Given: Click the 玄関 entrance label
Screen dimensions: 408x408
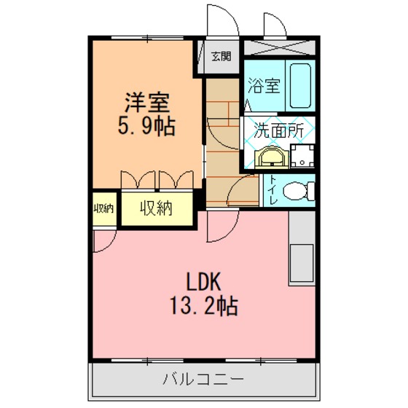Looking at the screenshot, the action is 221,57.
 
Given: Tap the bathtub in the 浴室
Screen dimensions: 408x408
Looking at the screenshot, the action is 300,85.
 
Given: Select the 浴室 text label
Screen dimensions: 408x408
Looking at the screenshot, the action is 264,85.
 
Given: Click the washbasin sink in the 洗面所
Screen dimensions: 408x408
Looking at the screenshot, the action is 272,157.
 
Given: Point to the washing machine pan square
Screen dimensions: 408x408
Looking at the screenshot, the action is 302,156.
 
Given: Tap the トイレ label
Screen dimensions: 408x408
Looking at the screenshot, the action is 273,190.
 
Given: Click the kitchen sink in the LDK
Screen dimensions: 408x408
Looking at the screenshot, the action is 302,263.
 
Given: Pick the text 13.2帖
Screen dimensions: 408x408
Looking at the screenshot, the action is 204,306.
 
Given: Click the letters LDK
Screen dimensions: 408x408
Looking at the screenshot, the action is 204,281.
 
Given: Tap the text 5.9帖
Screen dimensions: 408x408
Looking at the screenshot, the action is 146,126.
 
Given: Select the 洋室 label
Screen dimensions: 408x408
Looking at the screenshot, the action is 147,102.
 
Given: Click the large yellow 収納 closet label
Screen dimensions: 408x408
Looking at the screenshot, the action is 157,208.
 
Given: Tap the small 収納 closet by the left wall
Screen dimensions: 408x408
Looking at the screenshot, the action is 103,208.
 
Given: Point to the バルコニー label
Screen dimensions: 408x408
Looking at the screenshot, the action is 203,379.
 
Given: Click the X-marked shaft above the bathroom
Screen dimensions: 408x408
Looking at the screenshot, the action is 280,47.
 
